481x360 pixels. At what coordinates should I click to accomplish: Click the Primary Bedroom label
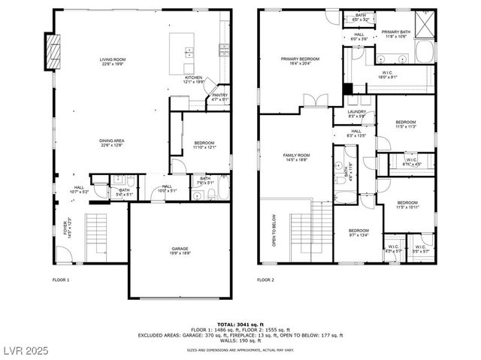tap(300, 61)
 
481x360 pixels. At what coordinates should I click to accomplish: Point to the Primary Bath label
tap(395, 33)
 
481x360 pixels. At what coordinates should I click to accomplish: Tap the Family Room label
tap(296, 157)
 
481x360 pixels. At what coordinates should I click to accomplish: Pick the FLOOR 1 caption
tap(61, 280)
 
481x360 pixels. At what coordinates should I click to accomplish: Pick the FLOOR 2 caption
tap(265, 280)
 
